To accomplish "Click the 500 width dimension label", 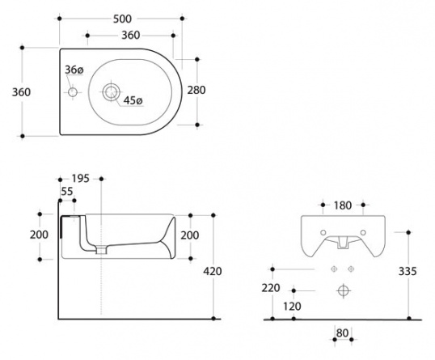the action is [122, 19].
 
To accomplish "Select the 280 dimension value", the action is [196, 91].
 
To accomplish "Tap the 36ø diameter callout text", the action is [74, 70].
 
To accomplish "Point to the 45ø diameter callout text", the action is [133, 100].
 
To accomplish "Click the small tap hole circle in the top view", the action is [73, 92].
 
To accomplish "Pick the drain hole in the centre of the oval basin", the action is [112, 92].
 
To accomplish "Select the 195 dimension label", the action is [81, 179].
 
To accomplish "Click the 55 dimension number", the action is [67, 192].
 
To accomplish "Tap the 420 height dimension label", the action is [213, 271].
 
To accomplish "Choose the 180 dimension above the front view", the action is [343, 205].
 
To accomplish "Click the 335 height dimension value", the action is [408, 271].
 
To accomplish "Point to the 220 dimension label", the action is [271, 288].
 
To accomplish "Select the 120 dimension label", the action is [292, 307].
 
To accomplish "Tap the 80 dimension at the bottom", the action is [342, 333].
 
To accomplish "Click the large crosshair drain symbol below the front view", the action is [344, 291].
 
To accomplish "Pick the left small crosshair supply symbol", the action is [334, 269].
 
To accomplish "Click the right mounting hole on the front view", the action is [363, 233].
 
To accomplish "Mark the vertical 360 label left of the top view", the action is [21, 92].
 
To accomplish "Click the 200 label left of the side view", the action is [39, 235].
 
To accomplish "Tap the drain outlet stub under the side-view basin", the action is [102, 250].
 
